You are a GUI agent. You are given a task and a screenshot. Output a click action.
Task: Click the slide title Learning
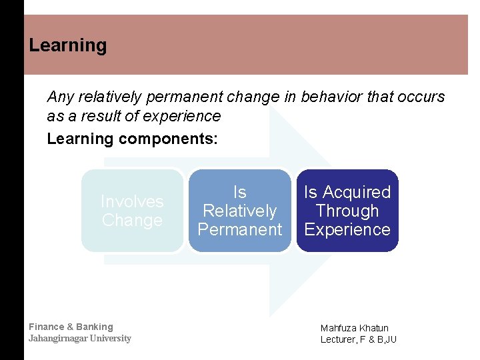pyautogui.click(x=68, y=45)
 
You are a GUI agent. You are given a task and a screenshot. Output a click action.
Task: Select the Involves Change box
pyautogui.click(x=132, y=211)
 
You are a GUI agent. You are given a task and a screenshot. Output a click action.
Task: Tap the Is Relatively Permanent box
pyautogui.click(x=239, y=211)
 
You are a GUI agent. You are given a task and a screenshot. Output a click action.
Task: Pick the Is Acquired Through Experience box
pyautogui.click(x=347, y=211)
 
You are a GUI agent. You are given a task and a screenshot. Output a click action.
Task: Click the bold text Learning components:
pyautogui.click(x=132, y=139)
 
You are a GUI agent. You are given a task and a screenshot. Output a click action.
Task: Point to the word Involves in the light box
pyautogui.click(x=132, y=201)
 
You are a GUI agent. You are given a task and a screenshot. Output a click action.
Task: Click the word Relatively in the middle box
pyautogui.click(x=239, y=211)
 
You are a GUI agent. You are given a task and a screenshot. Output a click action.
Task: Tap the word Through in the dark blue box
pyautogui.click(x=347, y=211)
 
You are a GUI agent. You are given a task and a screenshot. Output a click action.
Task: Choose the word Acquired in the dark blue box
pyautogui.click(x=357, y=192)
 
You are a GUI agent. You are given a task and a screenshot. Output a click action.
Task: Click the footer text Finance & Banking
pyautogui.click(x=71, y=327)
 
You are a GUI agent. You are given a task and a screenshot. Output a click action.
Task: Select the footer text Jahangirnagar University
pyautogui.click(x=79, y=338)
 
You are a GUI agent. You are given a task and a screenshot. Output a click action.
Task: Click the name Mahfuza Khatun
pyautogui.click(x=354, y=328)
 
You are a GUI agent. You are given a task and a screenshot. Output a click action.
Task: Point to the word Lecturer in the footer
pyautogui.click(x=338, y=339)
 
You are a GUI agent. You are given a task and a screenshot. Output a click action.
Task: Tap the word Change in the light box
pyautogui.click(x=132, y=221)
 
